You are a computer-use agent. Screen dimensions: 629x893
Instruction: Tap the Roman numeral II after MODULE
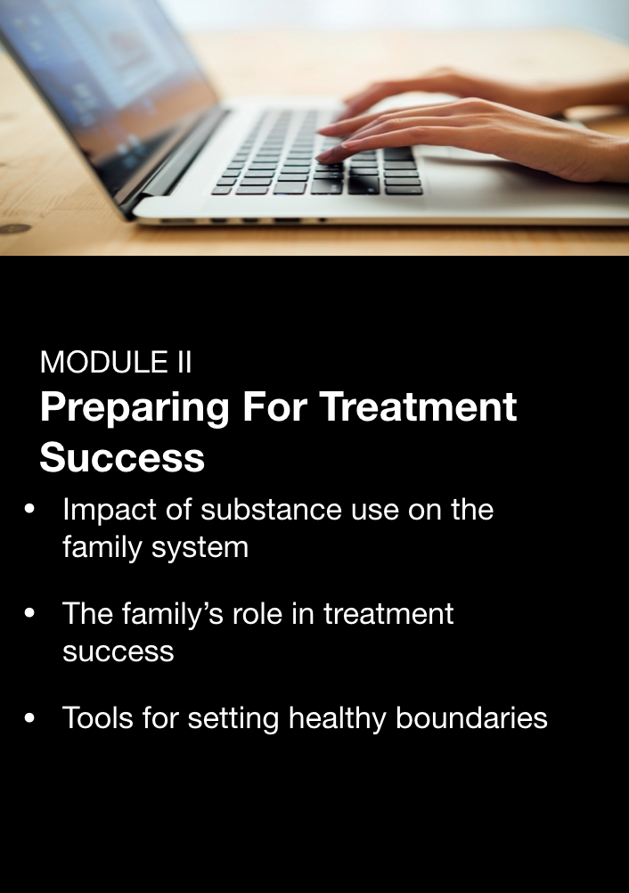pos(184,362)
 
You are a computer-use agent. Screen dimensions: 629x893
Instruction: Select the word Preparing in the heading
pos(135,409)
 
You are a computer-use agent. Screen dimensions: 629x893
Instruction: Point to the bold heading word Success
pos(122,457)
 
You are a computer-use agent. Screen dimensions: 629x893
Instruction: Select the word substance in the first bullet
pos(272,509)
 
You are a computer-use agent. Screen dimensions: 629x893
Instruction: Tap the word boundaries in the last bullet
pos(471,717)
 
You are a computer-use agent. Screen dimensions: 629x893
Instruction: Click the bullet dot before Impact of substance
pos(29,509)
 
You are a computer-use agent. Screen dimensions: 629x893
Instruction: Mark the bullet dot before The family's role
pos(29,613)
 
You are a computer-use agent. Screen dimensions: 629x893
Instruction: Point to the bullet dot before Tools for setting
pos(29,718)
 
